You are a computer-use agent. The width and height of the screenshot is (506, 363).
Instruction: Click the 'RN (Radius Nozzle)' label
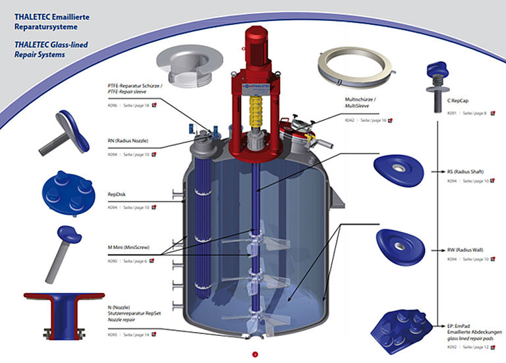(x=128, y=141)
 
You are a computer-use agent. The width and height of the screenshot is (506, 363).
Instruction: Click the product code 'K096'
(x=113, y=105)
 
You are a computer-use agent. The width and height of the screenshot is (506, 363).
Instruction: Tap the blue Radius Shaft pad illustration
(x=397, y=173)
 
